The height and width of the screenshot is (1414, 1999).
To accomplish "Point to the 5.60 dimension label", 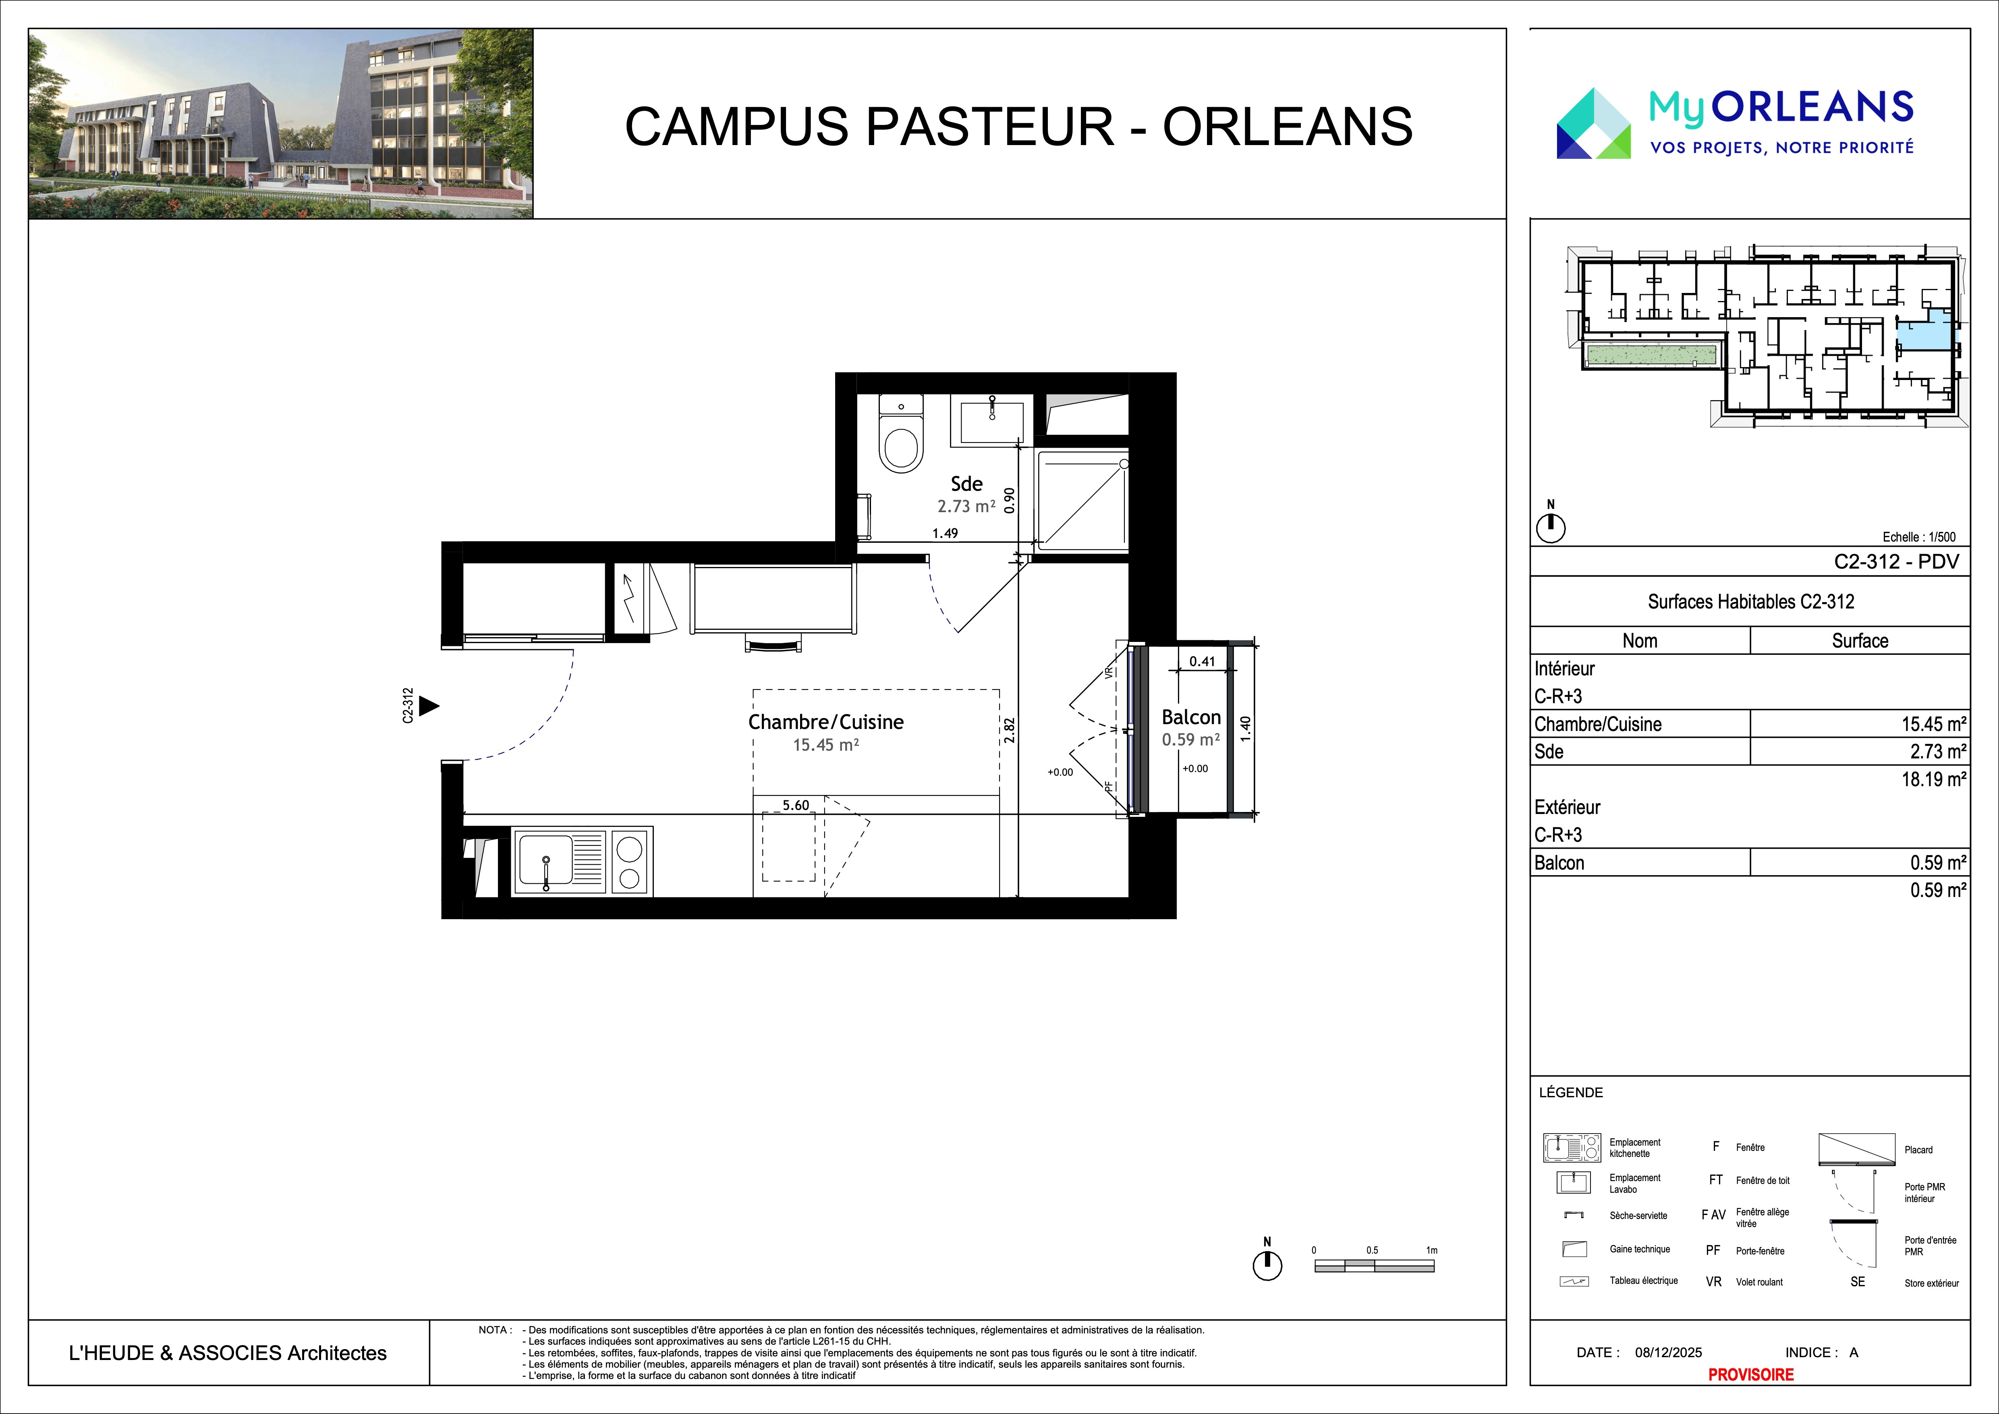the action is tap(796, 806).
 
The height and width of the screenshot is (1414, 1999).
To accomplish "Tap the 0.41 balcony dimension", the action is tap(1203, 661).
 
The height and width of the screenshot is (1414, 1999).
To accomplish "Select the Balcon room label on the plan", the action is tap(1191, 717).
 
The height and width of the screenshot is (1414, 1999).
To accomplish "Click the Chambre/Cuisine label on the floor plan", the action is tap(825, 722).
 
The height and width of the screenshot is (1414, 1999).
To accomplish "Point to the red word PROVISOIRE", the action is tap(1751, 1374).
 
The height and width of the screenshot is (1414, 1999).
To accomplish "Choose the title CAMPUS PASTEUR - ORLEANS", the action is tap(1019, 126).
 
